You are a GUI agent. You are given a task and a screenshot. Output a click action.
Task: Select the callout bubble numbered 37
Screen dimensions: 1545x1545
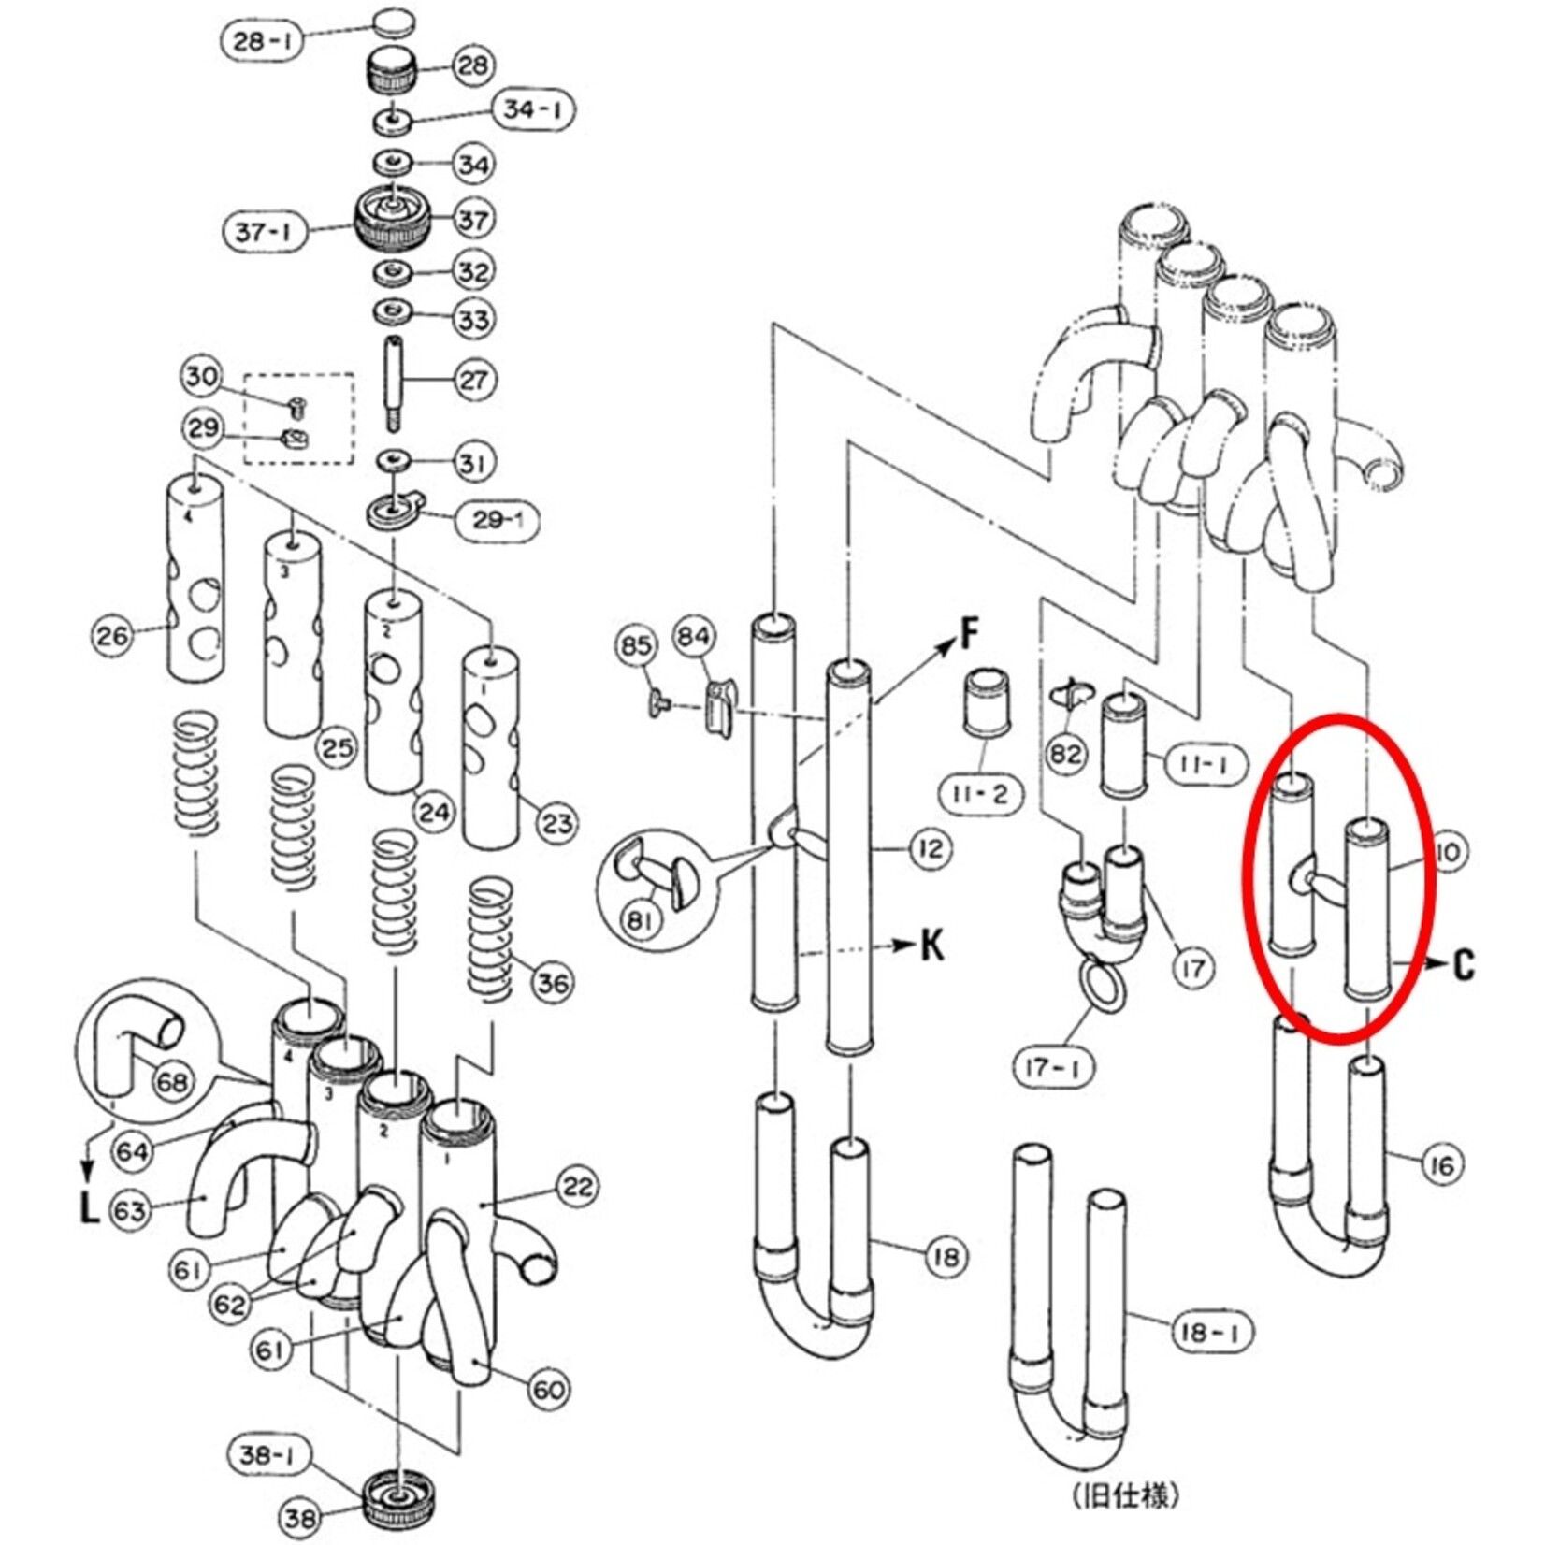tap(472, 220)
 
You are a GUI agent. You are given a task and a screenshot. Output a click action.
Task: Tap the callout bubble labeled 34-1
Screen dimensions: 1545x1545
tap(533, 109)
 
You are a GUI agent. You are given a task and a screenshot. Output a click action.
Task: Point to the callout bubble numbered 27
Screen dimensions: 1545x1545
tap(473, 380)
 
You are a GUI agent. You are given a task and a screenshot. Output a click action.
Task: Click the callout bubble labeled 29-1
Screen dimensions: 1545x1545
tap(498, 520)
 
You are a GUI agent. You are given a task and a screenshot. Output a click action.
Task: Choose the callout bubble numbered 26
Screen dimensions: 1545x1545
tap(112, 637)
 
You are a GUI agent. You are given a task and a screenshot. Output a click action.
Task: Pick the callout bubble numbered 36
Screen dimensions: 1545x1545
tap(553, 983)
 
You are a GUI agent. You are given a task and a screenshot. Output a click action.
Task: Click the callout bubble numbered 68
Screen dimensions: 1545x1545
tap(171, 1082)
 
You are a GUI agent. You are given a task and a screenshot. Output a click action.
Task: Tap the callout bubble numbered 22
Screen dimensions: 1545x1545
tap(577, 1187)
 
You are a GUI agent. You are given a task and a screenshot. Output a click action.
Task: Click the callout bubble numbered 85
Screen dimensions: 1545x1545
tap(636, 645)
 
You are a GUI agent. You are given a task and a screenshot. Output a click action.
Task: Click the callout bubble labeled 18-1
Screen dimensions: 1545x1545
tap(1212, 1331)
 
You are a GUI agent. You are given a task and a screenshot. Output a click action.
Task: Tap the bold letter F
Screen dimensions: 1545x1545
tap(971, 635)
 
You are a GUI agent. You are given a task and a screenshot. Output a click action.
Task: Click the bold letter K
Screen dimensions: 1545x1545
tap(932, 945)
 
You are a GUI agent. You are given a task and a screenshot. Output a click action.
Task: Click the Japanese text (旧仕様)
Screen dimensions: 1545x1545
tap(1125, 1495)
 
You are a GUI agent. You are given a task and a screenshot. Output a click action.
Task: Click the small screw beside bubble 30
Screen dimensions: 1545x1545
tap(298, 406)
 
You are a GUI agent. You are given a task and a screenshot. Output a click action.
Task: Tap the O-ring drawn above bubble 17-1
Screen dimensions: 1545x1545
tap(1104, 987)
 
